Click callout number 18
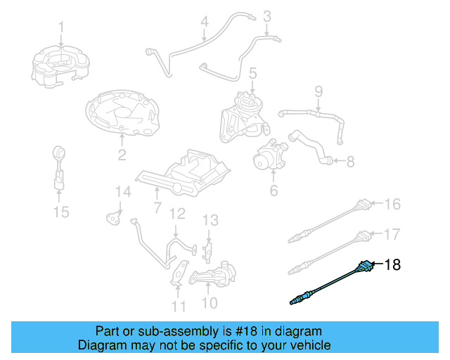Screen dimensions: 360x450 point(392,264)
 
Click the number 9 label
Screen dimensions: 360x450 point(318,91)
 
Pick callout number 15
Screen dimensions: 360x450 point(62,211)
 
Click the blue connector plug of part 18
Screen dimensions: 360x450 point(364,267)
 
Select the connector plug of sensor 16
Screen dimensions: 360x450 point(364,206)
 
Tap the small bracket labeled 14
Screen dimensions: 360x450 point(112,217)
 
